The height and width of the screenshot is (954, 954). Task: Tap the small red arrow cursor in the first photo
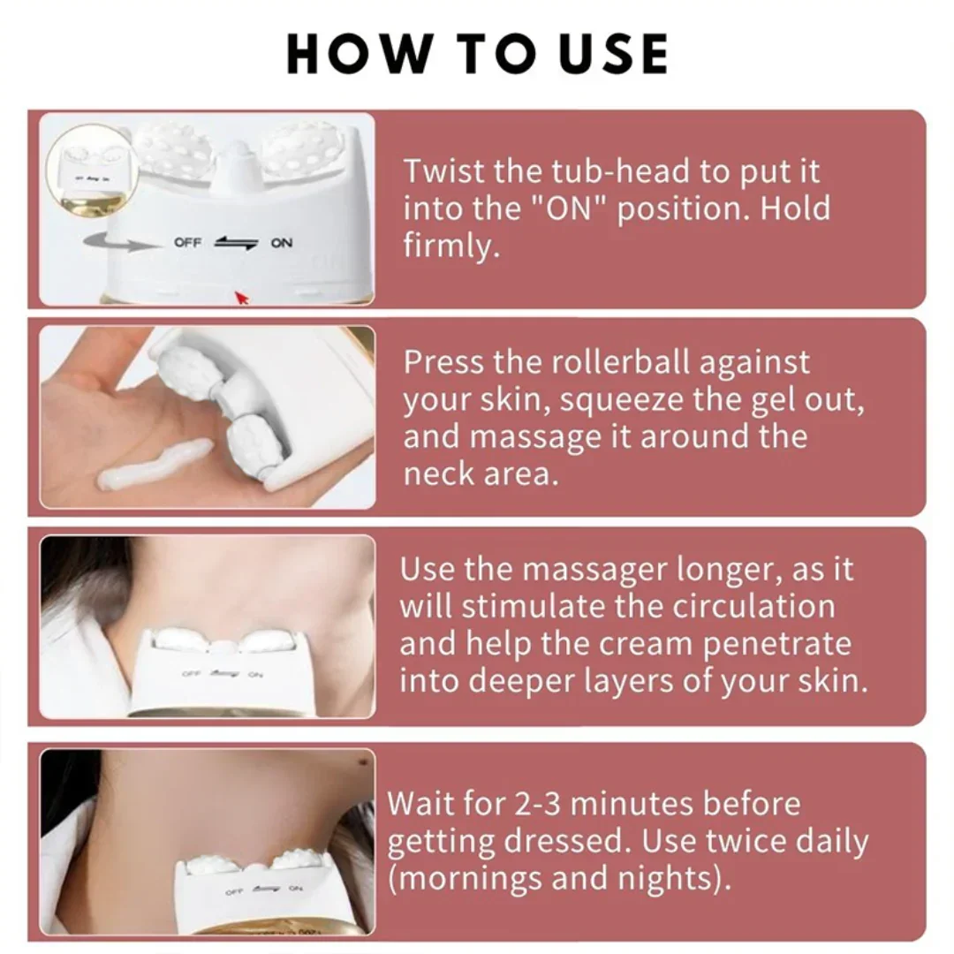coord(241,298)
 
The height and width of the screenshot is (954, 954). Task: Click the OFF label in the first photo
coord(187,243)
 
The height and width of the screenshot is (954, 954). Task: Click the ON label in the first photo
coord(282,243)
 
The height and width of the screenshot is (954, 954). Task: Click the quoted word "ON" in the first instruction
coord(571,209)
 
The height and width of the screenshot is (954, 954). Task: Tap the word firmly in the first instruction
coord(451,246)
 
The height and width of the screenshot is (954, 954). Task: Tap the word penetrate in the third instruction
coord(776,644)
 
